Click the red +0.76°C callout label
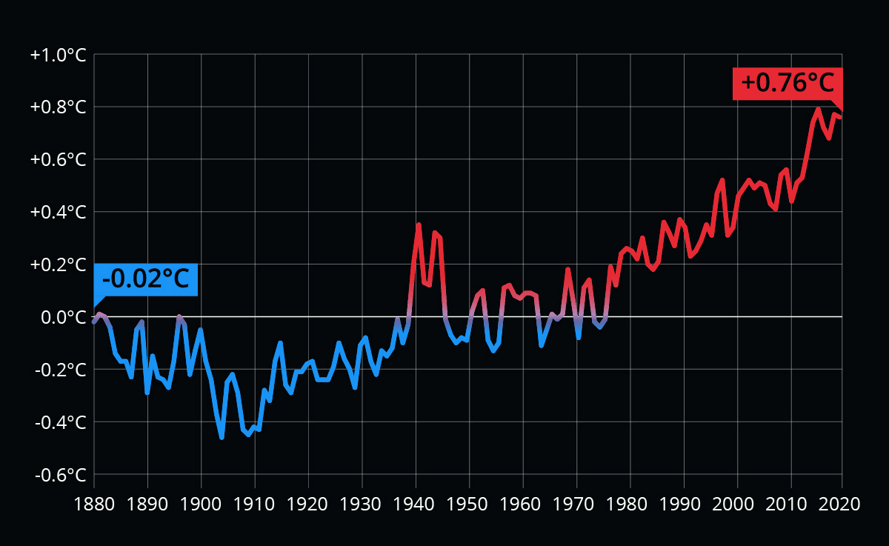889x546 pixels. [788, 83]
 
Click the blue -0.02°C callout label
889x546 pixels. [146, 280]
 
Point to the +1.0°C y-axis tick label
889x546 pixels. [59, 56]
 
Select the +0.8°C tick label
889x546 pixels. [59, 108]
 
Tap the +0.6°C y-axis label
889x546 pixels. [59, 160]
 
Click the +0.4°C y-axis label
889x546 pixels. [59, 213]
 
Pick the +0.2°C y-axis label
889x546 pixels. [59, 264]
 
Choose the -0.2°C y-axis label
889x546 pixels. [60, 370]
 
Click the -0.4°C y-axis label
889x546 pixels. [60, 422]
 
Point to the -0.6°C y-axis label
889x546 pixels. [60, 475]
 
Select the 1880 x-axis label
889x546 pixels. [94, 503]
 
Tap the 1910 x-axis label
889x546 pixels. [255, 503]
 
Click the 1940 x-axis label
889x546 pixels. [416, 503]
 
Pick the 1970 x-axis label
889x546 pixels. [576, 503]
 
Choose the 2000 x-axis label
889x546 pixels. [737, 503]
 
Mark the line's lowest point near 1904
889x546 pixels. [222, 437]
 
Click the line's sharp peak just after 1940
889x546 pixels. [419, 224]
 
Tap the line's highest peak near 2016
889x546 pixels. [819, 109]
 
